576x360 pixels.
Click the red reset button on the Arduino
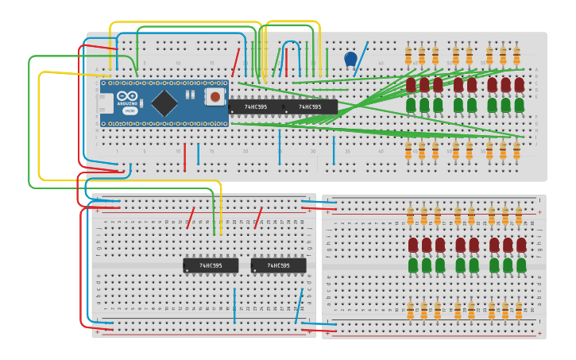tap(215, 98)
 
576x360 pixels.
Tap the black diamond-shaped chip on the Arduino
tap(164, 102)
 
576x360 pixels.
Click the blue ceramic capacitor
tap(350, 59)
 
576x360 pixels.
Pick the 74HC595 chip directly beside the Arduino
tap(255, 106)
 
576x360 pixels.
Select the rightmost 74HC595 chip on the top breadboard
tap(310, 106)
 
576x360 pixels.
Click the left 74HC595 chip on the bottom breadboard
tap(211, 265)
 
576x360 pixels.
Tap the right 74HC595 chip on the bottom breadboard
tap(278, 265)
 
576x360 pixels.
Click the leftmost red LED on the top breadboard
tap(411, 84)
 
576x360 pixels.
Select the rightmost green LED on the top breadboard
tap(519, 104)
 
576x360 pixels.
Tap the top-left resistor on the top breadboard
tap(408, 56)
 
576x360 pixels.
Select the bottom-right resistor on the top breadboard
tap(516, 149)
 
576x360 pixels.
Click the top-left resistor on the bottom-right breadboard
tap(411, 215)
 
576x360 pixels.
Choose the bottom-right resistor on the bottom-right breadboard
tap(519, 310)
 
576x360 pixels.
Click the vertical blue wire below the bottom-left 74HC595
tap(234, 306)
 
